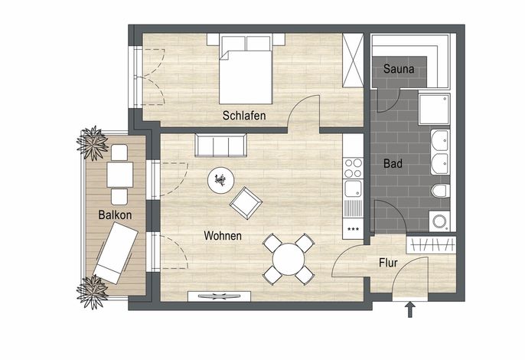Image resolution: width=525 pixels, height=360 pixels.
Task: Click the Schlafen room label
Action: [244, 116]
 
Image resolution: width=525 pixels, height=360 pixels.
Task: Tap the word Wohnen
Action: [223, 236]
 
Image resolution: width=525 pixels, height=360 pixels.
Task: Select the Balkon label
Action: [115, 215]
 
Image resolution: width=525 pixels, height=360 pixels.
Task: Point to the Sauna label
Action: [399, 69]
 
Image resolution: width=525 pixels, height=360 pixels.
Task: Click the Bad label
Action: [393, 164]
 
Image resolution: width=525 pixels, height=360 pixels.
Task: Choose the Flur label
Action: [388, 263]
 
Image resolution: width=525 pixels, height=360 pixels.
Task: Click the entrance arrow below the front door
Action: [410, 309]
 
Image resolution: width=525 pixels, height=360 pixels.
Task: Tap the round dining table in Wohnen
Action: [289, 260]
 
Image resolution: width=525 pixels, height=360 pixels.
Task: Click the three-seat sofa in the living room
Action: [221, 145]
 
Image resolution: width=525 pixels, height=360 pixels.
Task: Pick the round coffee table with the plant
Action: [220, 180]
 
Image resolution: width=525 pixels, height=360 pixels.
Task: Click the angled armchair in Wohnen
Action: [246, 203]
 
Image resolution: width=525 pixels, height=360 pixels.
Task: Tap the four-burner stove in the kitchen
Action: [354, 168]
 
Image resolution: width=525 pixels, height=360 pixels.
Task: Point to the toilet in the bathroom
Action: [440, 191]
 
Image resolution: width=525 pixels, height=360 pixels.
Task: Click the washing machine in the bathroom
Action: [439, 221]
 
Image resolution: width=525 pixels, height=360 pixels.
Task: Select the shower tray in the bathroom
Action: [434, 110]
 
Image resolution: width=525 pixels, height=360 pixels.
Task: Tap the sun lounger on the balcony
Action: [116, 253]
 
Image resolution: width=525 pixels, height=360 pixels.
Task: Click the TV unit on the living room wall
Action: [220, 296]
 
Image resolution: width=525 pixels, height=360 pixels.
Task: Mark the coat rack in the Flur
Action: [432, 245]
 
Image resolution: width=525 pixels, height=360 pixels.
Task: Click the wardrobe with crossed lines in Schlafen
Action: [354, 61]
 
